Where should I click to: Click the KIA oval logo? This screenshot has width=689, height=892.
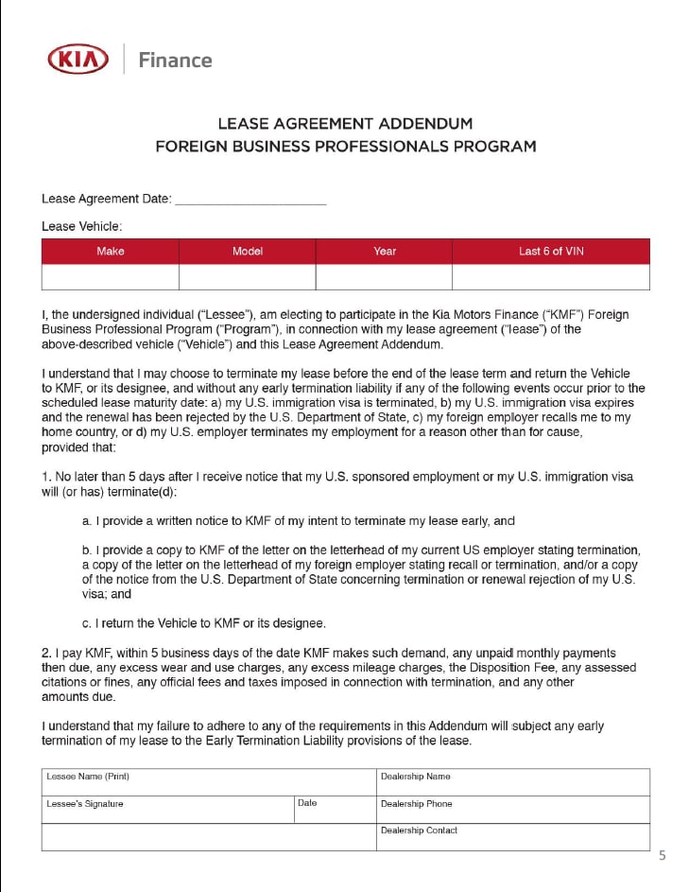(79, 60)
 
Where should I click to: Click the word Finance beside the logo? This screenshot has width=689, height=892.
(175, 61)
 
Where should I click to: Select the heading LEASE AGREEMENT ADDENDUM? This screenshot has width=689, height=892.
(345, 124)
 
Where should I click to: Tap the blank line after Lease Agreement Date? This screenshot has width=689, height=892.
(250, 200)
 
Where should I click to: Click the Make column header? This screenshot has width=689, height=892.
(111, 252)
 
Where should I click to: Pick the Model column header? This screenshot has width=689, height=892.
(247, 252)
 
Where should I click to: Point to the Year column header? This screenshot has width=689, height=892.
(384, 252)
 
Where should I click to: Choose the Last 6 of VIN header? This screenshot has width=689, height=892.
(550, 252)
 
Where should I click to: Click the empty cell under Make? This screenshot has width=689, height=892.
(111, 277)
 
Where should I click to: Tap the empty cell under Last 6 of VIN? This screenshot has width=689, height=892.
(550, 277)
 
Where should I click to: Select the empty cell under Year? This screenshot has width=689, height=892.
(384, 277)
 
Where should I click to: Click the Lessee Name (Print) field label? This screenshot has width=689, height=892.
(88, 777)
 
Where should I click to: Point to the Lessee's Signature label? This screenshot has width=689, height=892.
(85, 804)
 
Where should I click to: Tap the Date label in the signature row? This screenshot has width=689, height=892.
(307, 803)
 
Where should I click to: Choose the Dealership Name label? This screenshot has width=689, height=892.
(415, 777)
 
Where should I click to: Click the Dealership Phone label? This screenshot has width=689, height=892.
(416, 804)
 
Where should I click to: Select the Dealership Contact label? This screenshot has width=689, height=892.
(419, 831)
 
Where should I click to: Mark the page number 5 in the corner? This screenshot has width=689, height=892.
(662, 856)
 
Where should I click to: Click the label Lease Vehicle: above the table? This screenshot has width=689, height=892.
(82, 226)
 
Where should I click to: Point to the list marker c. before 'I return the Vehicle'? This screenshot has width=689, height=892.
(87, 623)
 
